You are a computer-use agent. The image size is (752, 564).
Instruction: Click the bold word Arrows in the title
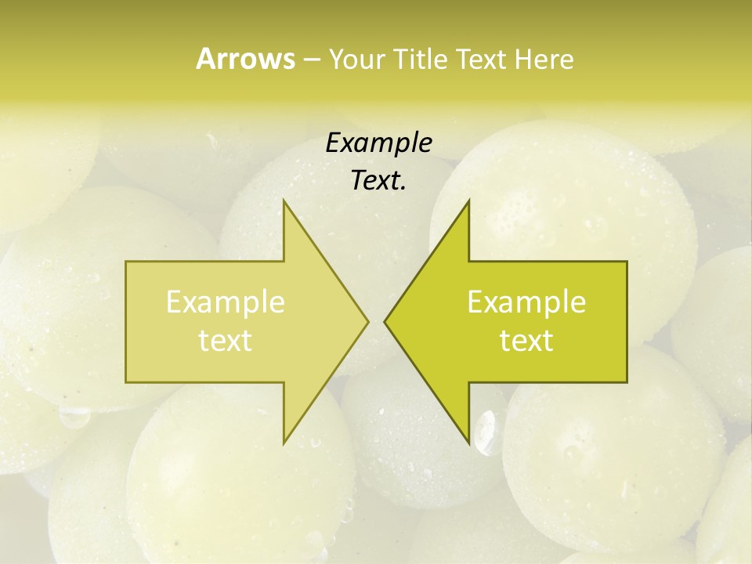(x=245, y=59)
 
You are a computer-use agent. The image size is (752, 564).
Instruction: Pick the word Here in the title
(x=544, y=60)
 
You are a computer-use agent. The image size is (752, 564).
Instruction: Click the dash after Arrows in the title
(x=311, y=60)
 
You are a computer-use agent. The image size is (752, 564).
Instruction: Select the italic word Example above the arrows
(x=379, y=143)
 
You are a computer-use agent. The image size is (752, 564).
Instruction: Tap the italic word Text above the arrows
(x=376, y=181)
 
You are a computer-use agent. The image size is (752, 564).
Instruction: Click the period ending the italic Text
(x=403, y=188)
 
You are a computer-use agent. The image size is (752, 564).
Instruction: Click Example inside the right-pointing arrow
(x=226, y=302)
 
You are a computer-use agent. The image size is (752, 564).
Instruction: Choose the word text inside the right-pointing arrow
(x=226, y=341)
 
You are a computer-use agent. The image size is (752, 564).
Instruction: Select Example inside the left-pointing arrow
(x=526, y=302)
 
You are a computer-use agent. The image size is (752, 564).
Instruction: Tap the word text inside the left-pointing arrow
(x=526, y=341)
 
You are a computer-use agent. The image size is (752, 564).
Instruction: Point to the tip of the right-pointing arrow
(x=368, y=321)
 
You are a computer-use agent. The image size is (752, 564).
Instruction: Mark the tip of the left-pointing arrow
(x=385, y=321)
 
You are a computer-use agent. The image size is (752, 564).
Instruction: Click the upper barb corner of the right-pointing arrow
(x=284, y=201)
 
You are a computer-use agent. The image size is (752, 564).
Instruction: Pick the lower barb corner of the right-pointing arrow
(x=284, y=443)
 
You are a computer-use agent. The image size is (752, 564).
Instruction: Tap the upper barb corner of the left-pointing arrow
(x=468, y=201)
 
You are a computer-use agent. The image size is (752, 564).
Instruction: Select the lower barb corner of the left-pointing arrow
(x=468, y=443)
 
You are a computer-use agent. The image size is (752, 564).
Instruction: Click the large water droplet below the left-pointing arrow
(x=486, y=432)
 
